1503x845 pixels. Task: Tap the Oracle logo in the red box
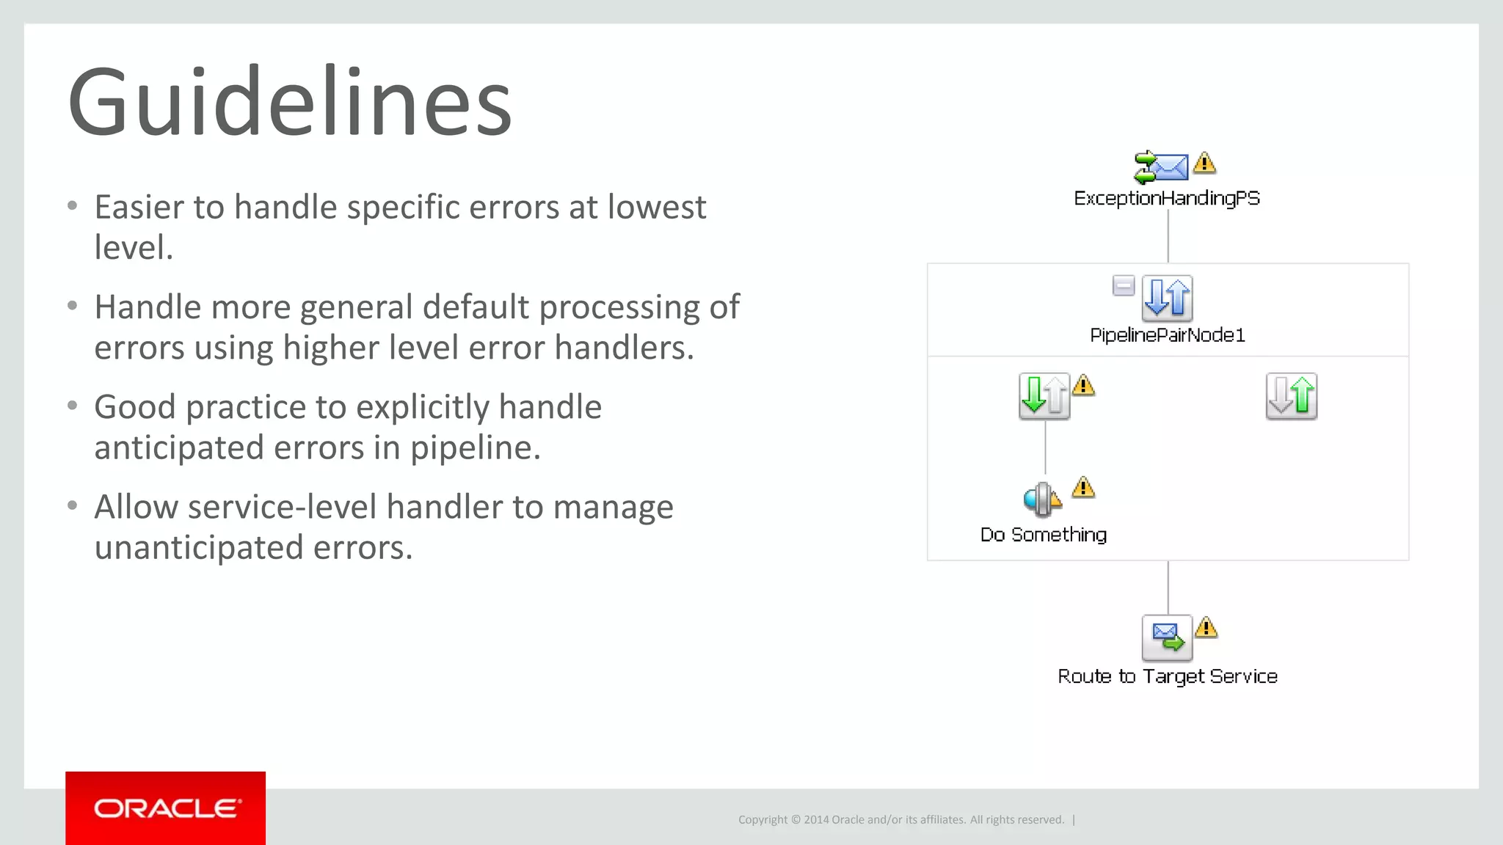(x=166, y=808)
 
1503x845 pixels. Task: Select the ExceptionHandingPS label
(x=1167, y=198)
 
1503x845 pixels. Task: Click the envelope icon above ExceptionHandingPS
(x=1162, y=167)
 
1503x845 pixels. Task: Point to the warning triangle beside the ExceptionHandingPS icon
(x=1204, y=163)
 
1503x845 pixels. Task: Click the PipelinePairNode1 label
(x=1167, y=335)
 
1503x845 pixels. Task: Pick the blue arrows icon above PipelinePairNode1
(x=1167, y=298)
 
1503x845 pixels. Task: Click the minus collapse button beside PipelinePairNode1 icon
(x=1124, y=285)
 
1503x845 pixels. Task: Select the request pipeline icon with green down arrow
(x=1044, y=396)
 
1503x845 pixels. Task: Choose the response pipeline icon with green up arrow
(x=1292, y=396)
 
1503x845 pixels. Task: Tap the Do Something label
(x=1044, y=535)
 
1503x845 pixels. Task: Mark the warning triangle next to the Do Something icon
(x=1083, y=488)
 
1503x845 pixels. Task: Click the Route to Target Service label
(x=1167, y=676)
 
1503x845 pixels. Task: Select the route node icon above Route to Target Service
(x=1167, y=637)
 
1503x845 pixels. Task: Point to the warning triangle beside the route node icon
(x=1207, y=628)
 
